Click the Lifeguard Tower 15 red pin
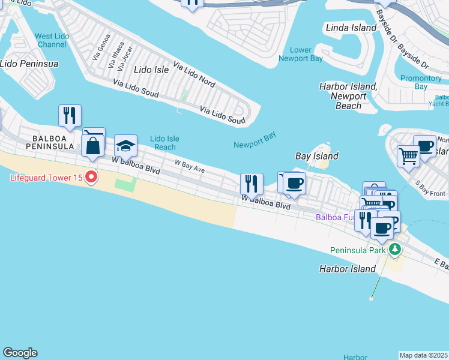coord(91,177)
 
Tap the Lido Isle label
coord(151,70)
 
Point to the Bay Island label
coord(317,156)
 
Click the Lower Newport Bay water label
coord(301,54)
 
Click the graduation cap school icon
coord(125,146)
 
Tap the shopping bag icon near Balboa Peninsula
coord(93,146)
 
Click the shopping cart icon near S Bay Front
coord(408,156)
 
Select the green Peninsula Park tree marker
coord(394,249)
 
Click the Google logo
coord(20,353)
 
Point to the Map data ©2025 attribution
coord(424,355)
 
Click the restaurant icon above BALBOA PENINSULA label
coord(70,115)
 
